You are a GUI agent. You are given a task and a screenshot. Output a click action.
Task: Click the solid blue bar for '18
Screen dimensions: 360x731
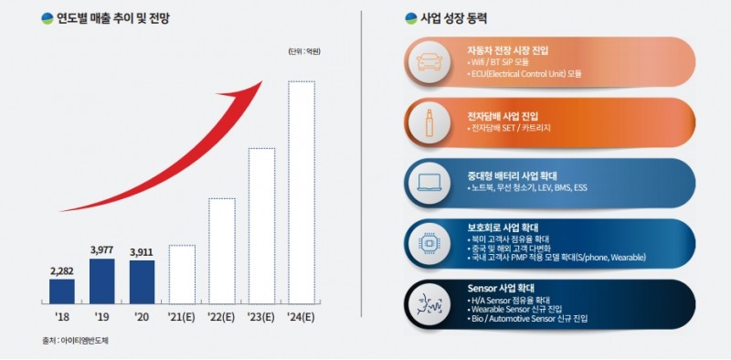coord(62,291)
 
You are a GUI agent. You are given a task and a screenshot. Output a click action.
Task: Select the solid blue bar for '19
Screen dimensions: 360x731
coord(102,281)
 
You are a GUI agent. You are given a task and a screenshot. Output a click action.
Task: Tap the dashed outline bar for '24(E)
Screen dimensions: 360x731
coord(302,192)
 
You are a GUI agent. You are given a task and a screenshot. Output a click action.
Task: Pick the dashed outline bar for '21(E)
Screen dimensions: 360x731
coord(182,273)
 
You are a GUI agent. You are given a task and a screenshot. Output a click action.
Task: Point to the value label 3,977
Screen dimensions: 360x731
coord(102,249)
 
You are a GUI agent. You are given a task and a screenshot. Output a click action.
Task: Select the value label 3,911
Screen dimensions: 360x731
coord(143,251)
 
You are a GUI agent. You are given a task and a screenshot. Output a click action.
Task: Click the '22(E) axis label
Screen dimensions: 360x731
coord(222,316)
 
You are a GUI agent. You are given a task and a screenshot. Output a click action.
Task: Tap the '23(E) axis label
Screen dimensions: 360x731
coord(261,316)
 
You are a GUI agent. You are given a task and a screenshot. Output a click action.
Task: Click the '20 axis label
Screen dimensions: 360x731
coord(143,316)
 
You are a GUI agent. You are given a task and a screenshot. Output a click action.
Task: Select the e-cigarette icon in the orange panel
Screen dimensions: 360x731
coord(429,121)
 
